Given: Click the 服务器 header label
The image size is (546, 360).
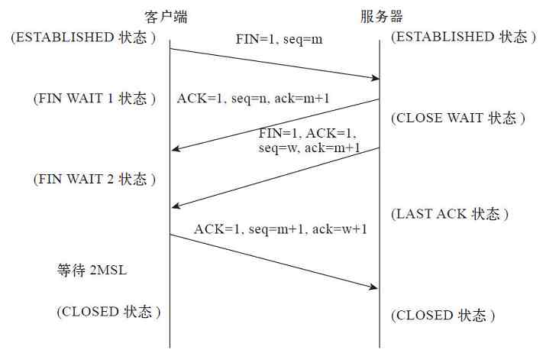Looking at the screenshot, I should tap(381, 16).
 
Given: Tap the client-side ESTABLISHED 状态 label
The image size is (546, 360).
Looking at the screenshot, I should tap(84, 37).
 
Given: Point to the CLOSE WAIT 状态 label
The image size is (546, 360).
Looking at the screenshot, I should tap(458, 118).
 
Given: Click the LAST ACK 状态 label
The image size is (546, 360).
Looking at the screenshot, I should tap(451, 214).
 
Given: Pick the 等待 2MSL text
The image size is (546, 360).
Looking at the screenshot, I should tap(94, 271).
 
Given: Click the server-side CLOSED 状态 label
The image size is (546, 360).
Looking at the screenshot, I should tap(444, 315).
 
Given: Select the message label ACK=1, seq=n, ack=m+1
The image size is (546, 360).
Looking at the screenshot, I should tap(253, 99).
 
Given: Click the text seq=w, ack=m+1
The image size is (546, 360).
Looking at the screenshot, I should tap(309, 148).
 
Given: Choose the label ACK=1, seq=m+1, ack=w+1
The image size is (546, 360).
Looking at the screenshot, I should tap(280, 229).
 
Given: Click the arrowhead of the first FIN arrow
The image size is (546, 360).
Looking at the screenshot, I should tap(375, 77).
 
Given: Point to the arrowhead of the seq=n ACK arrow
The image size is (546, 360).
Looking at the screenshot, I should tap(175, 149).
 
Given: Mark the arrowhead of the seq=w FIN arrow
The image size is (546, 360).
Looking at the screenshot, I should tap(175, 205).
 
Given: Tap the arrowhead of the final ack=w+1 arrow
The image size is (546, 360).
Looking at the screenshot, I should tap(375, 287).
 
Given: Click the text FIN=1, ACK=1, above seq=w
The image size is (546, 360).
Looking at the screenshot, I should tap(307, 133).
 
